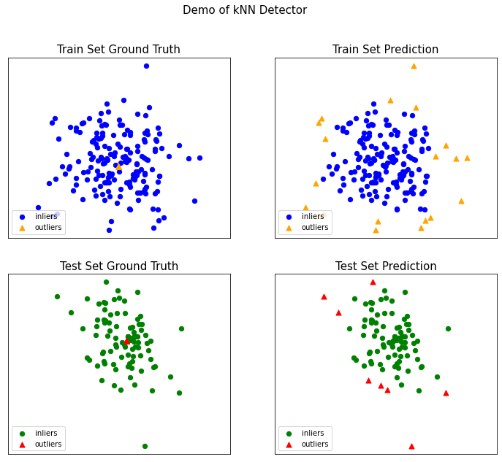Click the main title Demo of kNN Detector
pos(244,10)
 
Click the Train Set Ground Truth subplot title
pos(118,50)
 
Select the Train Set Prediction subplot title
pos(385,50)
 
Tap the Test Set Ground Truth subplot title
pos(118,266)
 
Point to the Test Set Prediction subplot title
pos(385,266)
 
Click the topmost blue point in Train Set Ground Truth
pos(146,66)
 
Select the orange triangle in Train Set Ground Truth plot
pos(118,167)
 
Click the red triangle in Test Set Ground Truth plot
pos(126,340)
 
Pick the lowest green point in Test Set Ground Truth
pos(145,446)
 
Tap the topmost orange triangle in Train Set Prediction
pos(414,66)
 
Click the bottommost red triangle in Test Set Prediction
pos(411,446)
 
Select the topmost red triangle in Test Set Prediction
pos(373,282)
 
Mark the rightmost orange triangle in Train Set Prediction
pos(467,158)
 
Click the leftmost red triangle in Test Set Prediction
pos(324,296)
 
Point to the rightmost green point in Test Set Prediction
pos(448,328)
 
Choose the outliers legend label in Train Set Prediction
pos(315,228)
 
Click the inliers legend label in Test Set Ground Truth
pos(47,434)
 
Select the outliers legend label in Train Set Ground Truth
pos(48,228)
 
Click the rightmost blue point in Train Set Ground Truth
pos(199,158)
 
